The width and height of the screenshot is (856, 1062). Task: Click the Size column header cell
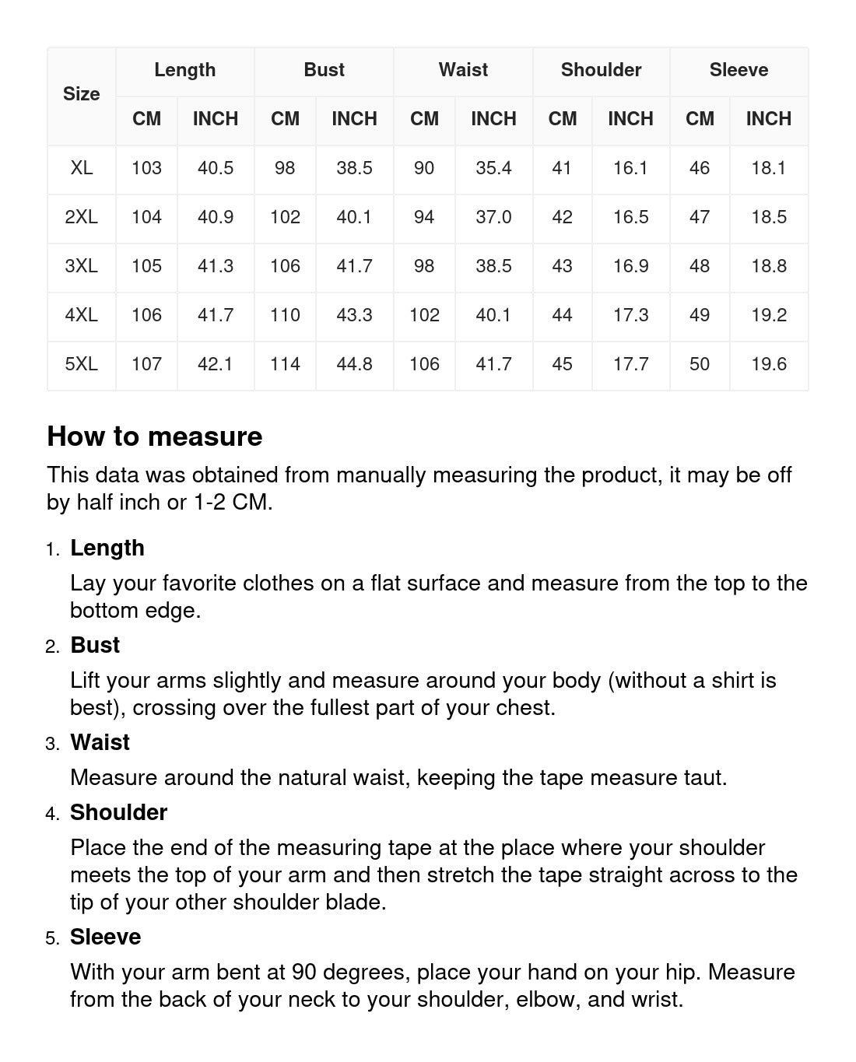coord(82,94)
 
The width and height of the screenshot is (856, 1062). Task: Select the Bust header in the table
coord(324,70)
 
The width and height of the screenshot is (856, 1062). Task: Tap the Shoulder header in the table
coord(601,70)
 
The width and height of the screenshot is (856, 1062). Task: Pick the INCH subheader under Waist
coord(493,119)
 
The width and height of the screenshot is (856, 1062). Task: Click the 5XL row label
coord(82,364)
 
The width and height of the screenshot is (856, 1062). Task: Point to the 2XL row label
coord(82,217)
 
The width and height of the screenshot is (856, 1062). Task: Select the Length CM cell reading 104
coord(146,217)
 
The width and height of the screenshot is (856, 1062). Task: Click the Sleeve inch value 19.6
coord(768,364)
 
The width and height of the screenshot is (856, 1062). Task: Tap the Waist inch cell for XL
coord(493,168)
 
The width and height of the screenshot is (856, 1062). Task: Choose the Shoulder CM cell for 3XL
coord(562,266)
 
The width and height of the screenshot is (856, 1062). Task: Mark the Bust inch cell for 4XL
coord(354,315)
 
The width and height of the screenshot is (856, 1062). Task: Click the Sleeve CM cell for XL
coord(700,168)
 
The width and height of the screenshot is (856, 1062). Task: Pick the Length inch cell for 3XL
coord(216,266)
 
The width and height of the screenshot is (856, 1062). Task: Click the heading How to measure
coord(155,436)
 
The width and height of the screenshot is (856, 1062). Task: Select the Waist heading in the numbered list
coord(100,742)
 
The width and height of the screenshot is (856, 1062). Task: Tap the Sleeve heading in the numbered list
coord(105,937)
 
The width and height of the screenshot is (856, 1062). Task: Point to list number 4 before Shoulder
coord(52,814)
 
